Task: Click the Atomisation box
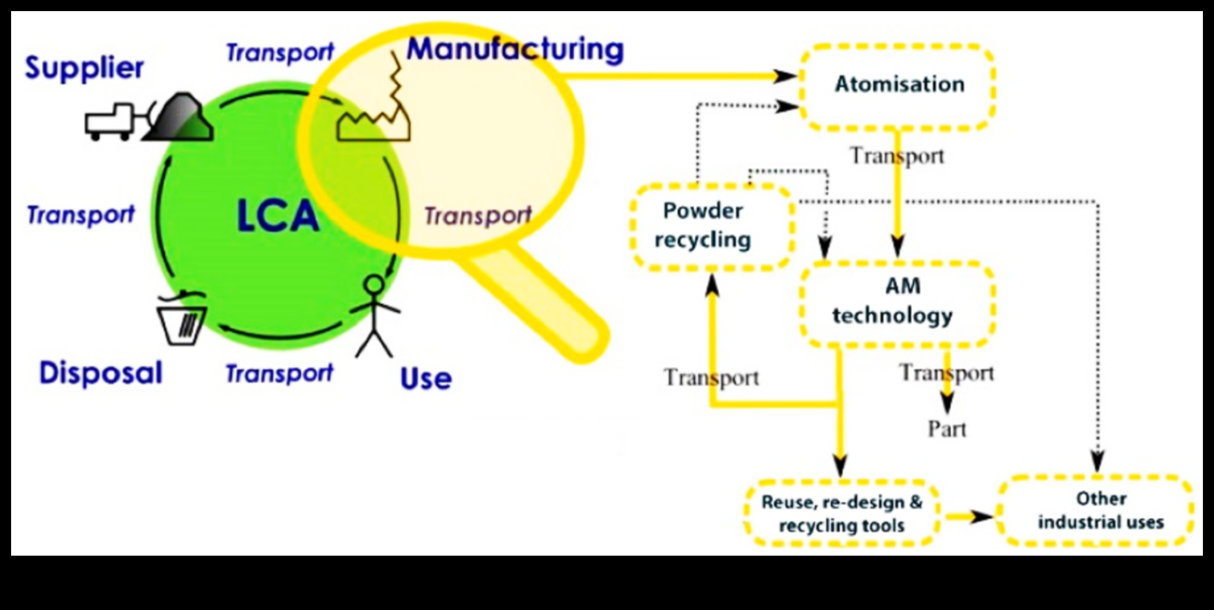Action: [898, 87]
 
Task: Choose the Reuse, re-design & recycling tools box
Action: [841, 514]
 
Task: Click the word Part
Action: [947, 429]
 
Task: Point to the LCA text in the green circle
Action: [277, 216]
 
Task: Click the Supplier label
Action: [84, 68]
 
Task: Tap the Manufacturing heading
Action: [515, 49]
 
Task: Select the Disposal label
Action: [100, 373]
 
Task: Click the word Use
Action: [425, 379]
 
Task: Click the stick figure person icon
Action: [375, 316]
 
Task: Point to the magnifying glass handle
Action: [541, 305]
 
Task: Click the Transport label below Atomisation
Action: [897, 156]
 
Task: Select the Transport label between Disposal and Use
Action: [279, 373]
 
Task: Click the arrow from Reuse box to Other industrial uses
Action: [969, 517]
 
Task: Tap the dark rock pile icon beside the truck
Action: [179, 118]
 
